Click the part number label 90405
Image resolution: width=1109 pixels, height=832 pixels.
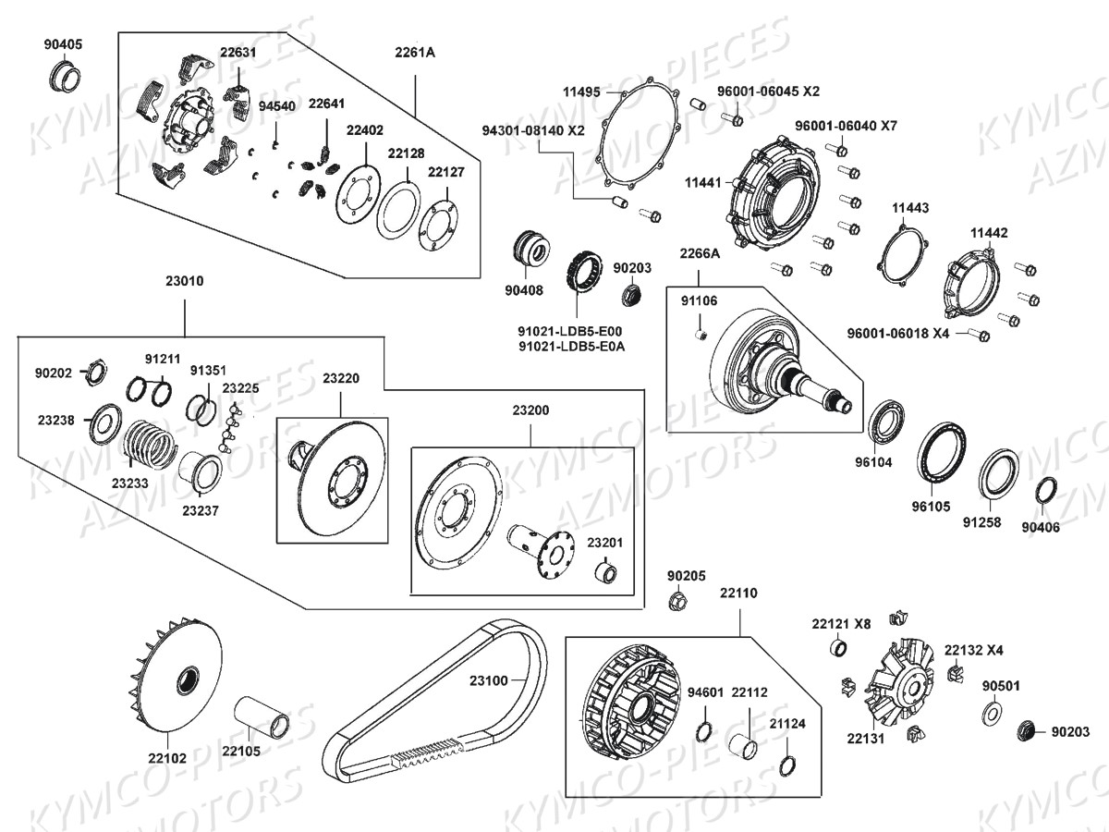tap(63, 44)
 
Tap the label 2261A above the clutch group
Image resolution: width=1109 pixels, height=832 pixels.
tap(415, 53)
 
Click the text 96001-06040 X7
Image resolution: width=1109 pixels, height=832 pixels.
tap(846, 125)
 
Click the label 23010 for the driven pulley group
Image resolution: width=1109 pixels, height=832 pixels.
tap(185, 281)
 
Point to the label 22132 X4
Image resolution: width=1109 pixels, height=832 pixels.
tap(976, 650)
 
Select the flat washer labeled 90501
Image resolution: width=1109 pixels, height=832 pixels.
tap(994, 711)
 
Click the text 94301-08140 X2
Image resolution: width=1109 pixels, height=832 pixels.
tap(533, 130)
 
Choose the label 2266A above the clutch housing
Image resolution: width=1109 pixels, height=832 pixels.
tap(700, 253)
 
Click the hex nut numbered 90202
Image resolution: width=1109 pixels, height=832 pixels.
tap(93, 373)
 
